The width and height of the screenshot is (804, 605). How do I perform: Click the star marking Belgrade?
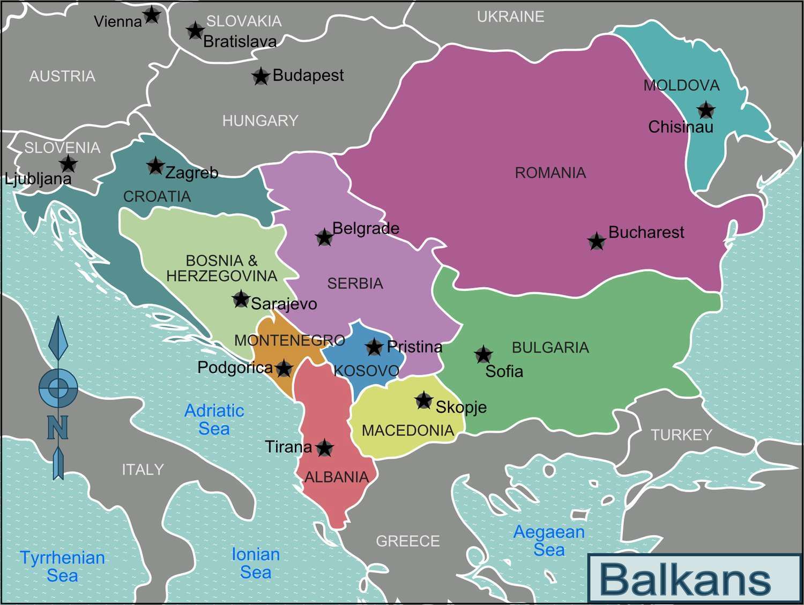(324, 237)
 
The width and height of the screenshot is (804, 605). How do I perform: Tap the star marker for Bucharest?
(597, 241)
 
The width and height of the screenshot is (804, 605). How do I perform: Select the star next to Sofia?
(483, 354)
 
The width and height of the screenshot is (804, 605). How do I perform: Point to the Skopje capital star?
(424, 400)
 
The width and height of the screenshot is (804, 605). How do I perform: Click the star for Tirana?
(324, 447)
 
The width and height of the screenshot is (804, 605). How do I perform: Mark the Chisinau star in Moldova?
(706, 110)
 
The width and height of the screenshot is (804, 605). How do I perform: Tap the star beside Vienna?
(152, 14)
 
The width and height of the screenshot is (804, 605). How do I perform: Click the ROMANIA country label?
(550, 173)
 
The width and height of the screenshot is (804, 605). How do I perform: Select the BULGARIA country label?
(550, 347)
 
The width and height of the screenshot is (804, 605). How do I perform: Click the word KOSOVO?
(366, 370)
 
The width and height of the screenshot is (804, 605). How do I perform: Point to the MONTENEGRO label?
(289, 340)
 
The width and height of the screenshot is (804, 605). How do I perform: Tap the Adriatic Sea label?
(214, 420)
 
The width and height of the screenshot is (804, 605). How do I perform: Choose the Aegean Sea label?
(549, 541)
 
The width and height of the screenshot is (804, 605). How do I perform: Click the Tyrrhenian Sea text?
(63, 566)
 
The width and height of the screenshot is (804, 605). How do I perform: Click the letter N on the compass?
(58, 427)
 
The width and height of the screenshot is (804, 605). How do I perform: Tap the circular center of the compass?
(58, 387)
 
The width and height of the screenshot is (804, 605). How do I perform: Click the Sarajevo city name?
(284, 304)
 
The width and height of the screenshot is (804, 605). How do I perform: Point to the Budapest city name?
(308, 75)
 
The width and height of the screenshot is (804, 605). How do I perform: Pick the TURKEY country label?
(681, 435)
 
